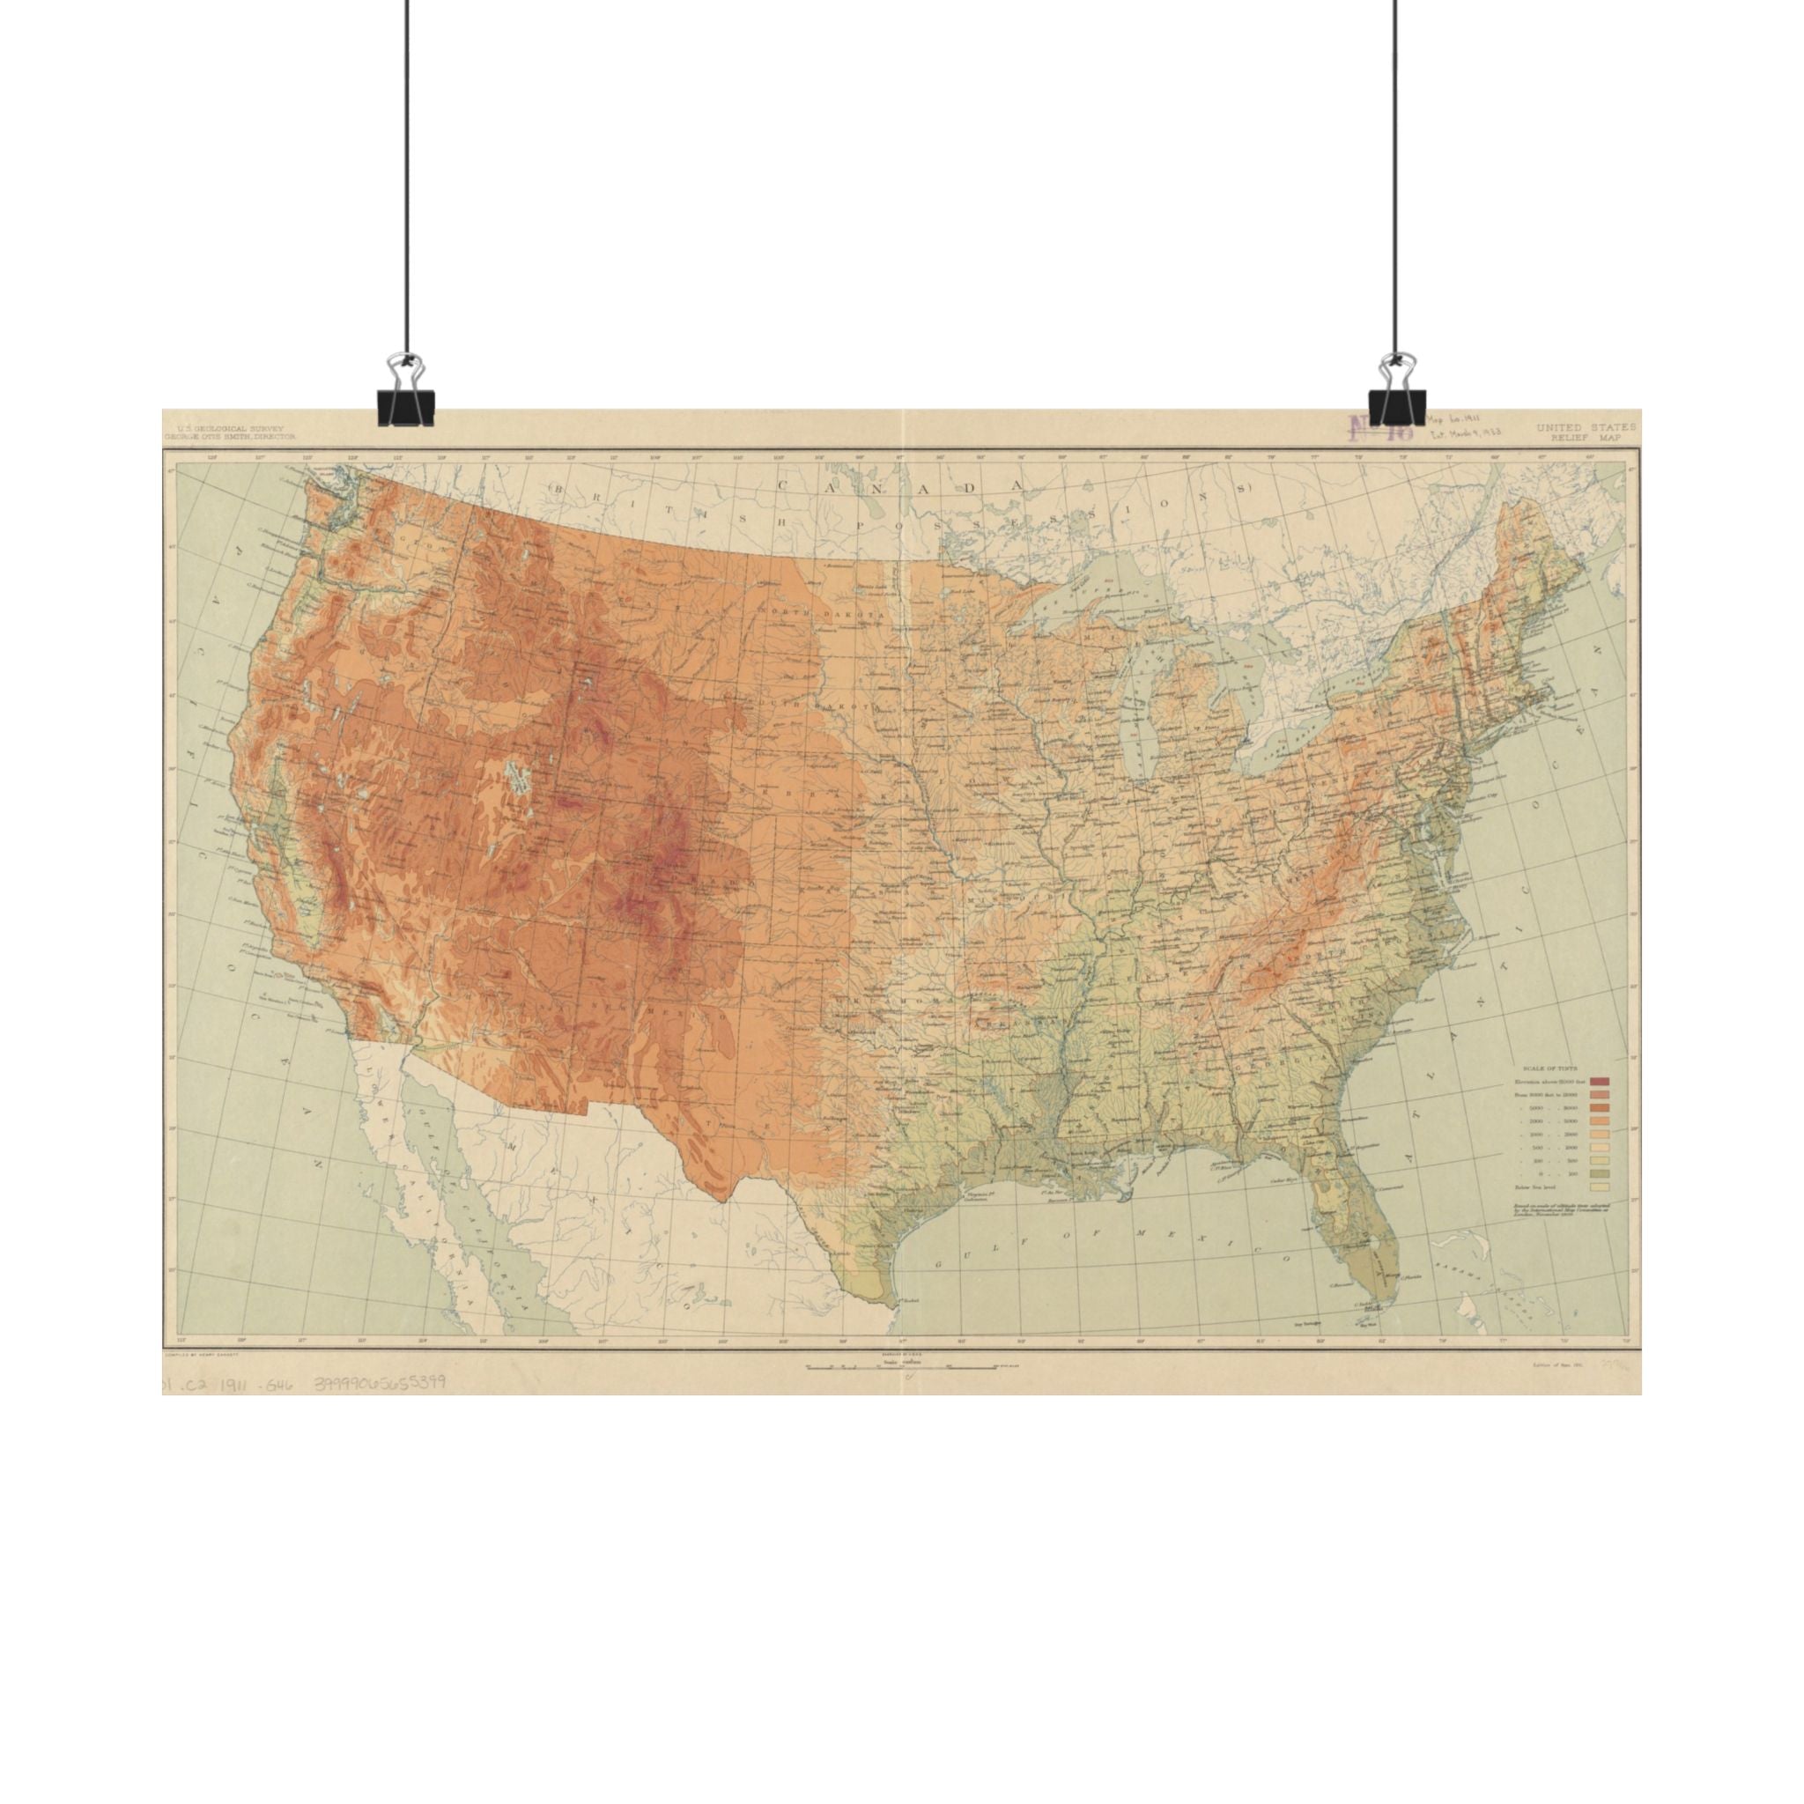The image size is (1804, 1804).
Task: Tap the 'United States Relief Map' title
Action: (1586, 431)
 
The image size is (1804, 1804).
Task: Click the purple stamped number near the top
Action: (1379, 429)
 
